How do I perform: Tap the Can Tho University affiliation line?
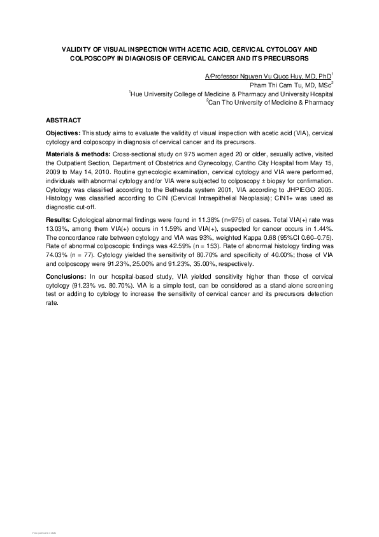pyautogui.click(x=270, y=101)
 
